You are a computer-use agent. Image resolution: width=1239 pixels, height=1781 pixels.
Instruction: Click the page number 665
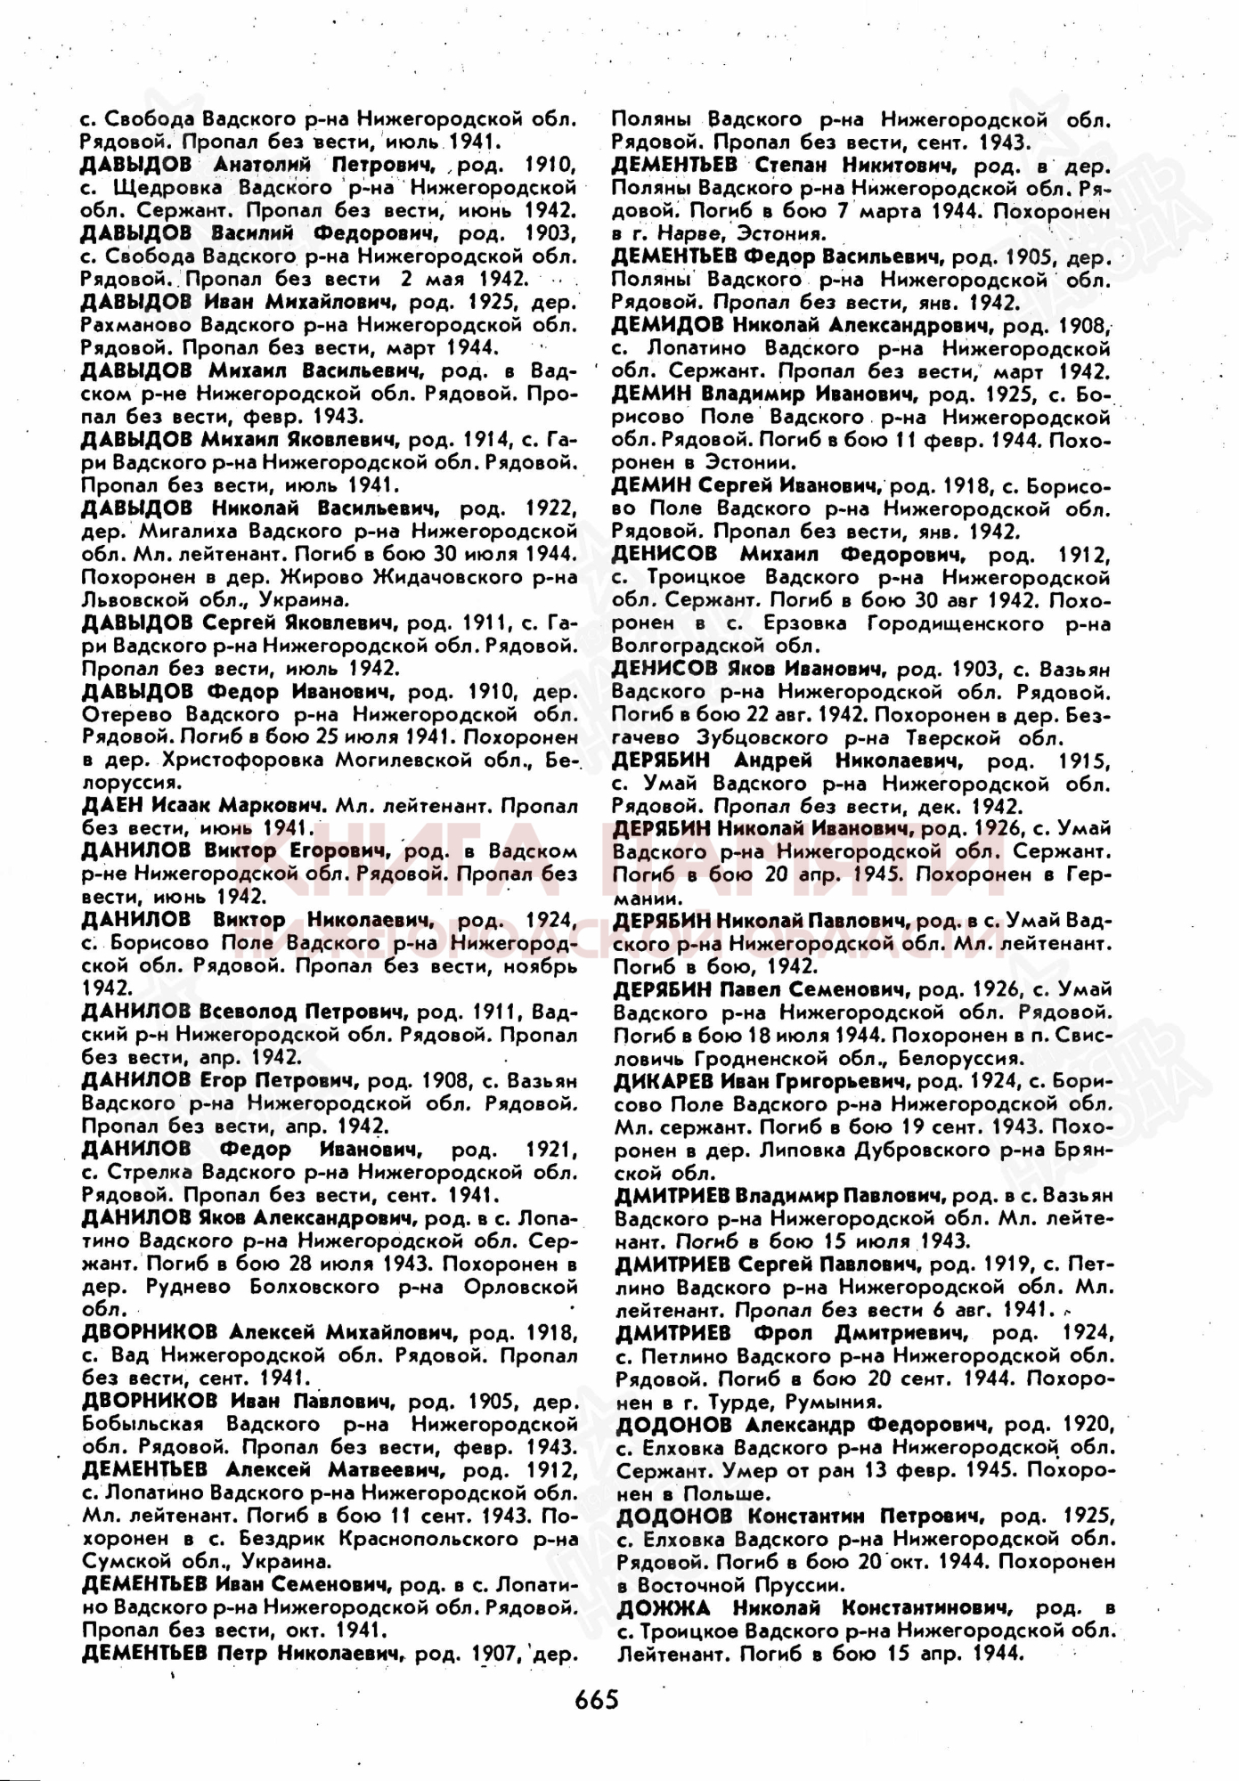pyautogui.click(x=596, y=1700)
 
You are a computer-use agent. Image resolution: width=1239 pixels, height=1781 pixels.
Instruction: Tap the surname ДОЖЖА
pyautogui.click(x=663, y=1607)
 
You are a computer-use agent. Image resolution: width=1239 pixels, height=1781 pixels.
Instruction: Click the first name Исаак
pyautogui.click(x=181, y=805)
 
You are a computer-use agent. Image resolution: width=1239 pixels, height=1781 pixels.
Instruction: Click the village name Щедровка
pyautogui.click(x=169, y=188)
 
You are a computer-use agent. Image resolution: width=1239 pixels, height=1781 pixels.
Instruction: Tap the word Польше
pyautogui.click(x=725, y=1493)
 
